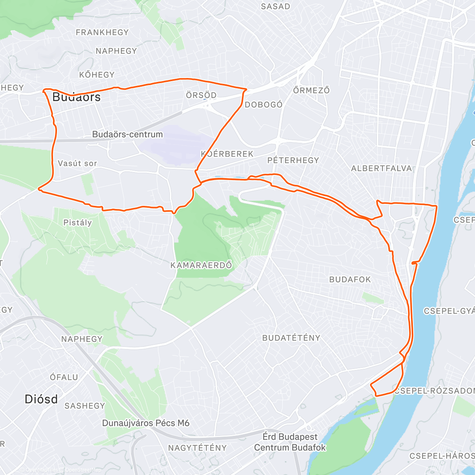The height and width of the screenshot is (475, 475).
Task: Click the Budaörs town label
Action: coord(76,97)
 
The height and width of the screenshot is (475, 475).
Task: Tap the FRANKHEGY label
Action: coord(102,32)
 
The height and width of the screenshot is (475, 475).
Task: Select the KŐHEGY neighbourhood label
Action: coord(97,75)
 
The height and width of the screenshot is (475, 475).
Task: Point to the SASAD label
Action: coord(275,7)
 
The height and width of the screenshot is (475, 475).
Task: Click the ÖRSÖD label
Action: coord(201,95)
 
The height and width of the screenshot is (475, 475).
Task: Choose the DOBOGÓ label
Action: coord(264,105)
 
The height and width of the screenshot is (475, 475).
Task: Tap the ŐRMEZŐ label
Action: coord(312,91)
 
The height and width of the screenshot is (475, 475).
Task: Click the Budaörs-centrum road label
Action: coord(127,135)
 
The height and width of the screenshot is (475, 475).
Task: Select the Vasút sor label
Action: coord(77,163)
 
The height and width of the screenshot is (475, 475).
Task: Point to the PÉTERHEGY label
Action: coord(293,160)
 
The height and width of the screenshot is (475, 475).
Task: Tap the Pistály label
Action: coord(77,223)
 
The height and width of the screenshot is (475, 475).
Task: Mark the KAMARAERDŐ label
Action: coord(201,265)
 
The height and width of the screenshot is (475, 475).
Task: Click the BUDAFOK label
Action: coord(350,280)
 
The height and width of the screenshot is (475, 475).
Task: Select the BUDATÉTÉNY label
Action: coord(291,338)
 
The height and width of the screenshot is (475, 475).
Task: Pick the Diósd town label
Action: coord(41,399)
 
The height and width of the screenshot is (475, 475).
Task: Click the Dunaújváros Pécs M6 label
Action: coord(146,423)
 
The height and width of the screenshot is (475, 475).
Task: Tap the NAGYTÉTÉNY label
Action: coord(197,448)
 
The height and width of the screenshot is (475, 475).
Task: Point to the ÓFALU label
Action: coord(64,377)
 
